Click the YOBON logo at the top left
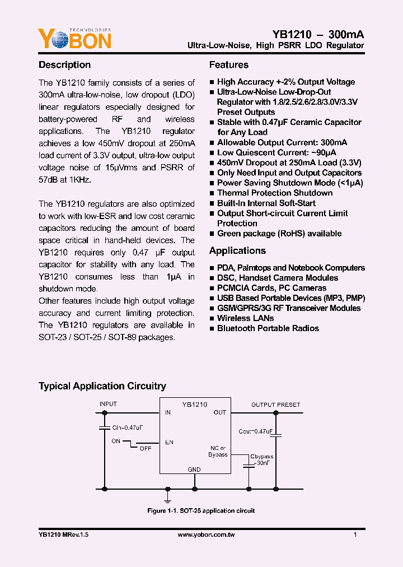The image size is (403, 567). (x=75, y=39)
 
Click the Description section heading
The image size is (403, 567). (x=64, y=65)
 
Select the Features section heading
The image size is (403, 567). (x=228, y=65)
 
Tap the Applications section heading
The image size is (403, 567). (x=237, y=251)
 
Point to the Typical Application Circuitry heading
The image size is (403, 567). (x=102, y=386)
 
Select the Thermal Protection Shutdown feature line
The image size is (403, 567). (x=275, y=193)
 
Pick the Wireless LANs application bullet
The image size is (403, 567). (x=241, y=318)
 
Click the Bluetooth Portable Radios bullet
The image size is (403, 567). (x=268, y=328)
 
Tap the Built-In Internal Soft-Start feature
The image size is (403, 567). (x=266, y=203)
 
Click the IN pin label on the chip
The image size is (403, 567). (x=167, y=412)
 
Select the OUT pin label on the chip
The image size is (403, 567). (x=219, y=412)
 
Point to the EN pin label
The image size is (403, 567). (x=169, y=443)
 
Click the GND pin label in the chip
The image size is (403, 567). (x=194, y=470)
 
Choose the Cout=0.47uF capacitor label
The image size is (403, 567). (x=255, y=431)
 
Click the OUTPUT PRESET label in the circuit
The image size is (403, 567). (x=275, y=405)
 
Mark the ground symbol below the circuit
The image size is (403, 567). (x=167, y=496)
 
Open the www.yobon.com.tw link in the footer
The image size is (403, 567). (x=206, y=535)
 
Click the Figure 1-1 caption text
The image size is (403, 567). (x=201, y=511)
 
